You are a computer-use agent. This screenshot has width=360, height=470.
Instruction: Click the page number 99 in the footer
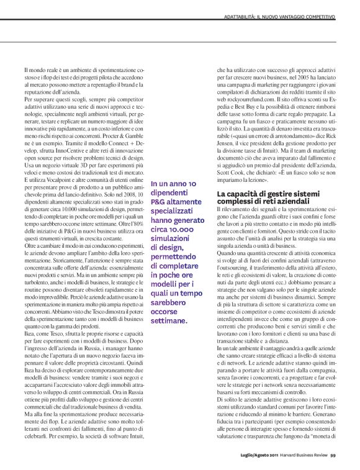coord(333,437)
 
